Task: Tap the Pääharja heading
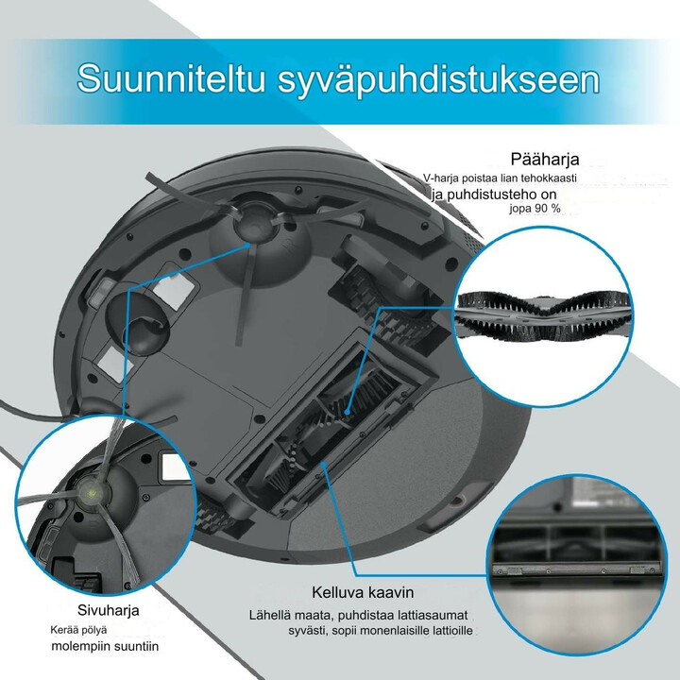[x=544, y=159]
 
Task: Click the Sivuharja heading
[x=108, y=609]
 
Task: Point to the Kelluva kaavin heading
[x=364, y=593]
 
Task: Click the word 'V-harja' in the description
[x=444, y=178]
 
